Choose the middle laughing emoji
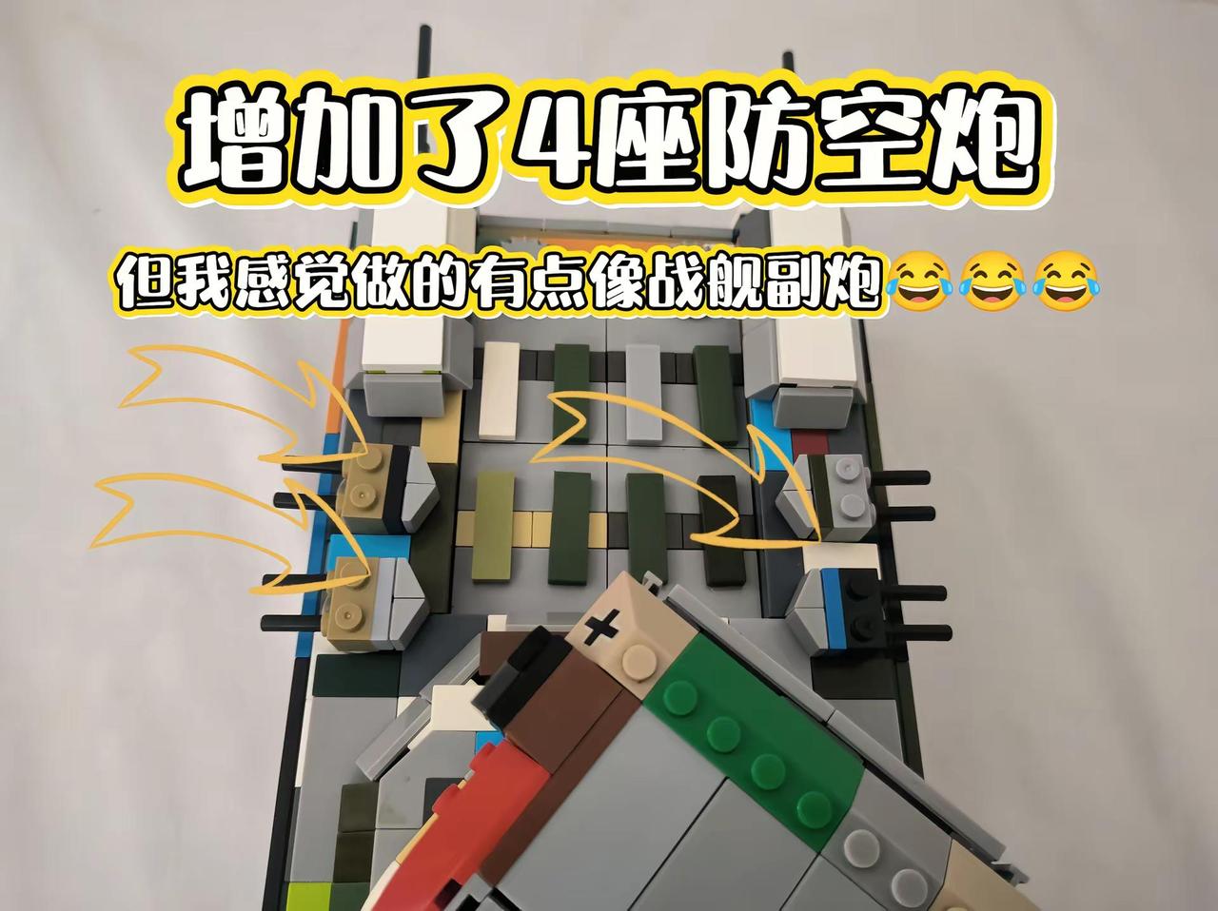tap(992, 281)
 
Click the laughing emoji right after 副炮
tap(918, 281)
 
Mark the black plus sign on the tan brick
tap(601, 627)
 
